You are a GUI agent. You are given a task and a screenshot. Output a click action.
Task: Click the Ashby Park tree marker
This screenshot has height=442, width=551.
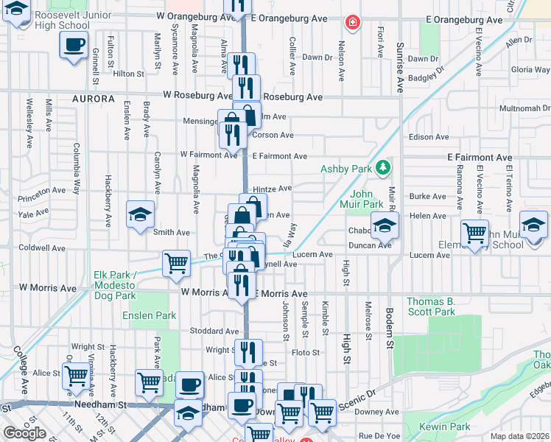(382, 169)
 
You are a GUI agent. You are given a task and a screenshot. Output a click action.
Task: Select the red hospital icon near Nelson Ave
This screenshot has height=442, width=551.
(353, 23)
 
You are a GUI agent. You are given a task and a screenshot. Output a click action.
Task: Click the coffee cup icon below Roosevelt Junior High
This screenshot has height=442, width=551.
(74, 44)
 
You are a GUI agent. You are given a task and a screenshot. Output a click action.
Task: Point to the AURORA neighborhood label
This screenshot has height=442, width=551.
(94, 99)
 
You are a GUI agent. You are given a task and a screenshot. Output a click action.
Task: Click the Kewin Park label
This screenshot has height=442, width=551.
(444, 427)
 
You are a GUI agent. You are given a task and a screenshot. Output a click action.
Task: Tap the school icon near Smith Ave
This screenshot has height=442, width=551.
(140, 214)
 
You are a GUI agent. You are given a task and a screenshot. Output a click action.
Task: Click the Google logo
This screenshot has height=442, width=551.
(24, 433)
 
